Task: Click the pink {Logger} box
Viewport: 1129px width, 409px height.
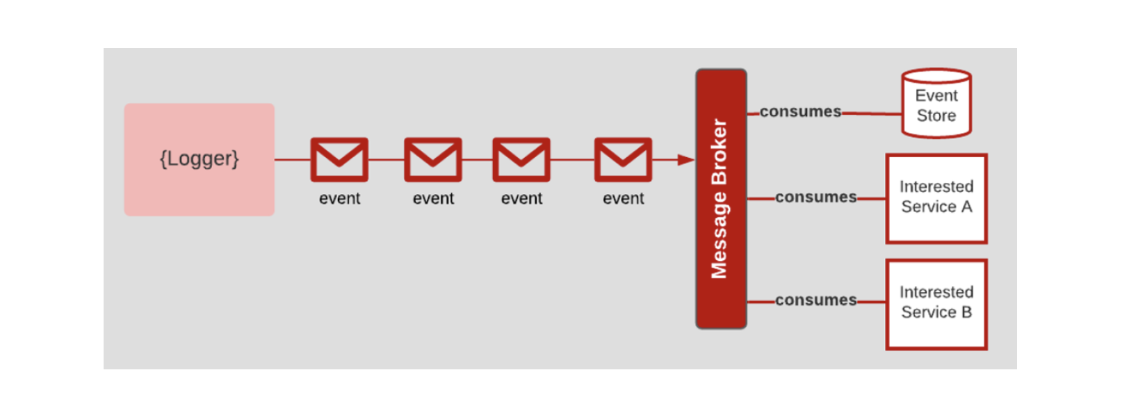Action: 199,159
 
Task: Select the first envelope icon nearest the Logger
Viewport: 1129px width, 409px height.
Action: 339,159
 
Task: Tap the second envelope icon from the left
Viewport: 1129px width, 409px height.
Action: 433,159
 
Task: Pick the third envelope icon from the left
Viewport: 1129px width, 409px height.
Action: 521,159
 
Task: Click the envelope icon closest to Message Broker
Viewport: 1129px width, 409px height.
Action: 623,159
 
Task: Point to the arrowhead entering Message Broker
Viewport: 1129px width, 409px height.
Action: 686,160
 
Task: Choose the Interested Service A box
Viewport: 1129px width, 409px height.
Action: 936,198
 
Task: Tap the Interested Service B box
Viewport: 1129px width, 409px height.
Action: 936,304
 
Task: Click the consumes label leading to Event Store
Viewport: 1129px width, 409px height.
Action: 800,111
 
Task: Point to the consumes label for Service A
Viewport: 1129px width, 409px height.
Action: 815,198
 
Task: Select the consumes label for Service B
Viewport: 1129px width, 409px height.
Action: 815,300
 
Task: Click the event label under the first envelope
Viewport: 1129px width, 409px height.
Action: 339,199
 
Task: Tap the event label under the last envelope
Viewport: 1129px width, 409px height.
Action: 623,199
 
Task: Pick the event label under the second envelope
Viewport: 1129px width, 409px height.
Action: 433,199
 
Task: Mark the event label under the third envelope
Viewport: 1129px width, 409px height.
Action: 521,199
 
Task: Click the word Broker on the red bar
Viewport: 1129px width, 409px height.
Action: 720,152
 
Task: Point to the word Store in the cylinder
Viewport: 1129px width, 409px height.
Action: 936,115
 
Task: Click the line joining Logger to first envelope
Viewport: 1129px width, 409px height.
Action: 293,160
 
